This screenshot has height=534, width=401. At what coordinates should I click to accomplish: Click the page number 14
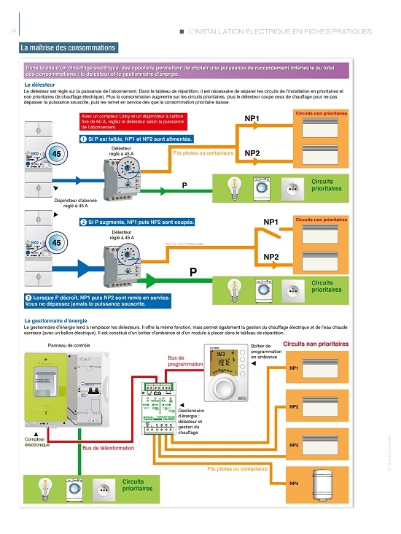[14, 31]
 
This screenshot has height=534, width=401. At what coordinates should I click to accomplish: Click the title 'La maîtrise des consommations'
[69, 48]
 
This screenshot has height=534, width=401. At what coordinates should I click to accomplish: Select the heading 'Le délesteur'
[39, 85]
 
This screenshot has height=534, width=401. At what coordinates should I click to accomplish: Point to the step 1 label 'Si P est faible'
[136, 139]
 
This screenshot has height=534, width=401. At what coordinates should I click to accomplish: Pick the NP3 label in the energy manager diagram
[295, 445]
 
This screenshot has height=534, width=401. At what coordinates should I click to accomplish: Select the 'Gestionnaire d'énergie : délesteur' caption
[190, 419]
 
